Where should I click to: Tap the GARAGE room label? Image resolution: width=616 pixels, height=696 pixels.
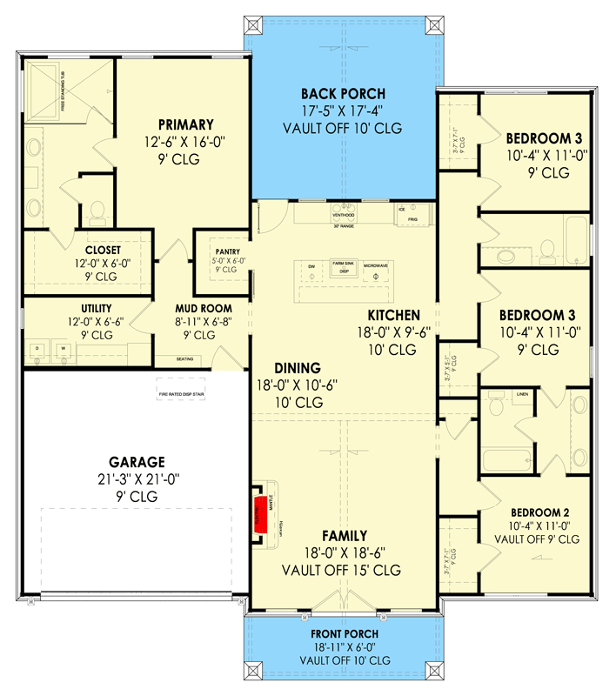[137, 462]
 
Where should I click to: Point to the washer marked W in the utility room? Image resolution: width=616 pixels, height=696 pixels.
[64, 350]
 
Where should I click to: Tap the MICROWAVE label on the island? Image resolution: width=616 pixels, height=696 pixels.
[376, 263]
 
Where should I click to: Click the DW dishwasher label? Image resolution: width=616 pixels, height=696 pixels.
[311, 264]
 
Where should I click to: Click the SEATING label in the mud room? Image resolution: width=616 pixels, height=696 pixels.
[184, 358]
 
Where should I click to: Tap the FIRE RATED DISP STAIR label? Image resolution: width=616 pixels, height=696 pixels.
[181, 394]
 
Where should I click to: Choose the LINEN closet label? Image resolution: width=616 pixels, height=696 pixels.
[522, 394]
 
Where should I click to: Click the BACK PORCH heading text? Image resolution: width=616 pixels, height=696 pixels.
[343, 94]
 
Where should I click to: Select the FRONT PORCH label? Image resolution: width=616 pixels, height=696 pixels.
[343, 634]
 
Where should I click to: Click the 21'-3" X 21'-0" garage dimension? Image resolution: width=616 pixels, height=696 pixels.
[137, 479]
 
